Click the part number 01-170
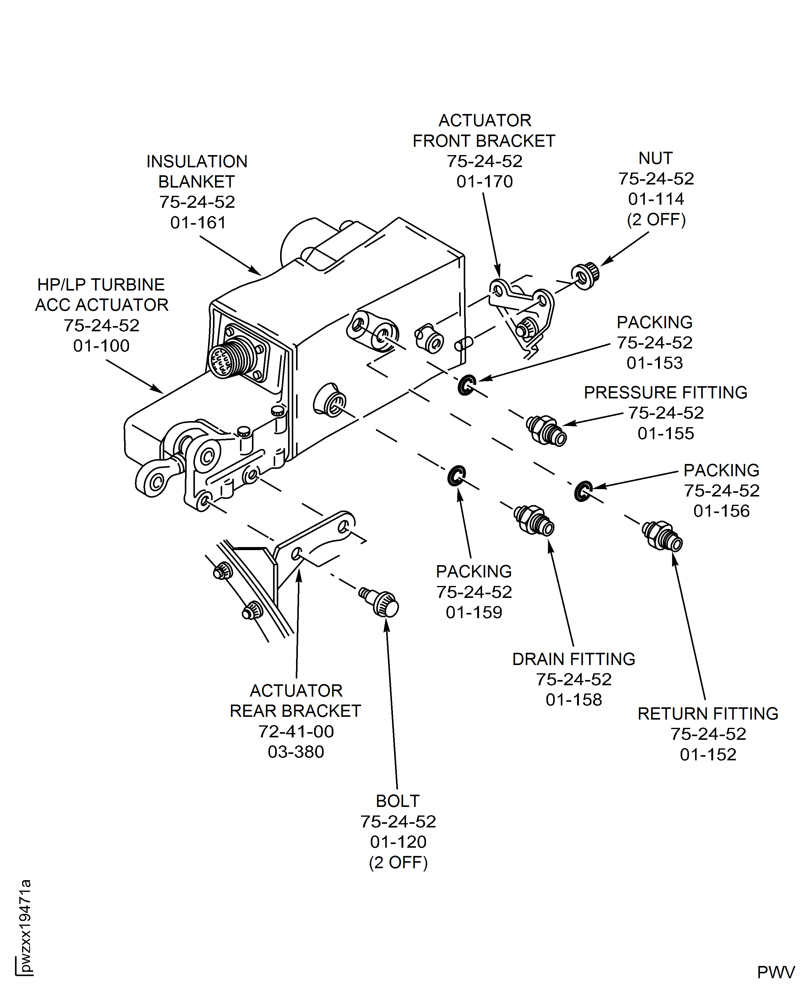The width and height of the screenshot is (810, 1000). coord(484,181)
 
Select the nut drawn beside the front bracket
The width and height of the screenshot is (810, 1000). coord(585,276)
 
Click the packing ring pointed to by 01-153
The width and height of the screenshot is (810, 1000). coord(466,385)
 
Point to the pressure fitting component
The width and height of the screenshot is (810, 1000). coord(546,430)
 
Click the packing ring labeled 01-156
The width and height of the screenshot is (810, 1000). coord(583,491)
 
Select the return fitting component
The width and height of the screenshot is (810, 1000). coord(662,535)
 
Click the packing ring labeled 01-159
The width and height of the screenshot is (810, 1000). coord(456,476)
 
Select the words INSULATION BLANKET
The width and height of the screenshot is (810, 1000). coord(197,171)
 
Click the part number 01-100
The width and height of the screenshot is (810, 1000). coord(101,346)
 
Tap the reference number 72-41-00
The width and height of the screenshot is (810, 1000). coord(296,731)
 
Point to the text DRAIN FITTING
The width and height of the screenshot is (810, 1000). coord(573,659)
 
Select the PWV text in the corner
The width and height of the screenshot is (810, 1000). coord(775,972)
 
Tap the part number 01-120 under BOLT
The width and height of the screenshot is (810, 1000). coord(398,842)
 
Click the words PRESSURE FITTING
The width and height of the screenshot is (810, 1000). coord(665,393)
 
